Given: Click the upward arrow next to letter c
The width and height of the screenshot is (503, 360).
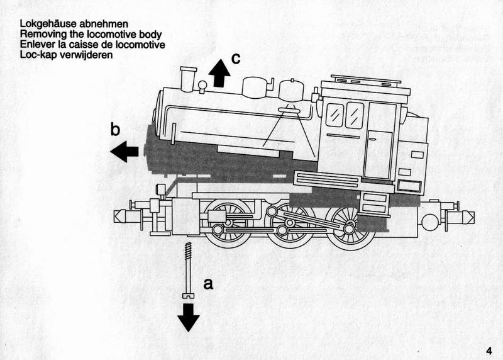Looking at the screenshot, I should point(219,72).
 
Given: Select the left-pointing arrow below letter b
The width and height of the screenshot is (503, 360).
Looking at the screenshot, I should point(125,151).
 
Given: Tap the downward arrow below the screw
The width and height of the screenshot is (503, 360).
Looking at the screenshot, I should point(188,316).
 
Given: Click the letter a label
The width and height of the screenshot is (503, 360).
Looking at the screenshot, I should point(209,284).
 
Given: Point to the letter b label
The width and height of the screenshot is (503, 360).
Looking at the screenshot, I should point(115,130).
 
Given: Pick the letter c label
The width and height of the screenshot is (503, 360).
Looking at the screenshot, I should point(235,59).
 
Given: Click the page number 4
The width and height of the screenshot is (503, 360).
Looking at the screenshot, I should point(489,351).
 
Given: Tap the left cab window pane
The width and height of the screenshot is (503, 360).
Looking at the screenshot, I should point(335,115).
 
